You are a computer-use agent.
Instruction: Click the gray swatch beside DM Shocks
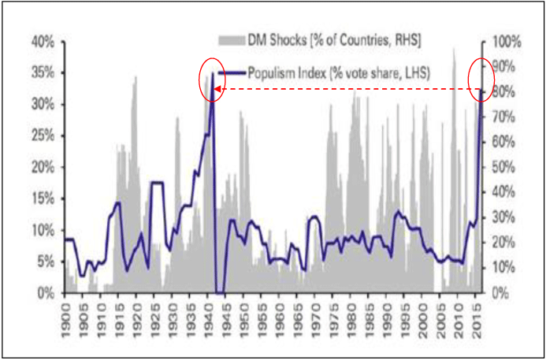coord(231,39)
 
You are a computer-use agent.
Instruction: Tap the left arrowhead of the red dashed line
coord(218,91)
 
